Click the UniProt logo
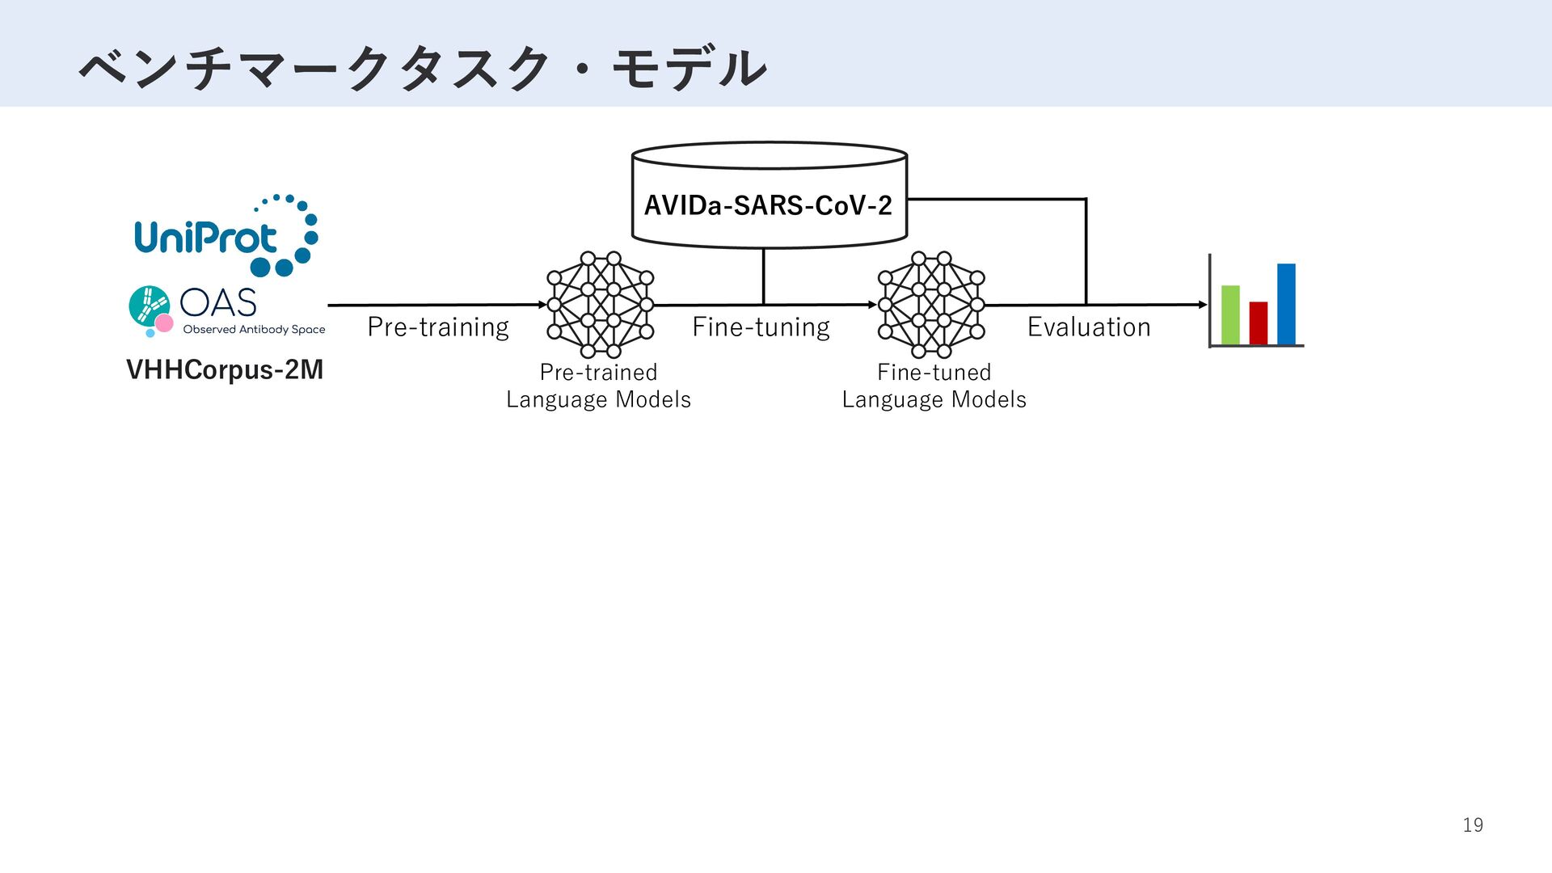pyautogui.click(x=225, y=236)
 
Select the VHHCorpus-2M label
pyautogui.click(x=225, y=369)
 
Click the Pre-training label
pyautogui.click(x=437, y=327)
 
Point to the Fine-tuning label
pyautogui.click(x=761, y=327)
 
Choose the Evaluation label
pyautogui.click(x=1088, y=327)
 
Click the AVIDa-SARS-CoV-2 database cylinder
pyautogui.click(x=769, y=196)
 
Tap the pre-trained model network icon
pyautogui.click(x=600, y=305)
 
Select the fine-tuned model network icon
pyautogui.click(x=931, y=305)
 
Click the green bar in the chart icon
pyautogui.click(x=1230, y=314)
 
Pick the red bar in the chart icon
pyautogui.click(x=1258, y=323)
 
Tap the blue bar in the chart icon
pyautogui.click(x=1286, y=304)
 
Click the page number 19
pyautogui.click(x=1473, y=824)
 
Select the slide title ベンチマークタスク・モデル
pyautogui.click(x=422, y=68)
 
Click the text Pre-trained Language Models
pyautogui.click(x=598, y=386)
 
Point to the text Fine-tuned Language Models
pyautogui.click(x=934, y=386)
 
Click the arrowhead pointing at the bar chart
pyautogui.click(x=1203, y=305)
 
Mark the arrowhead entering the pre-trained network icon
pyautogui.click(x=542, y=305)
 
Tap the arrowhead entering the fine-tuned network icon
pyautogui.click(x=872, y=305)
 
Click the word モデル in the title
pyautogui.click(x=689, y=68)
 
